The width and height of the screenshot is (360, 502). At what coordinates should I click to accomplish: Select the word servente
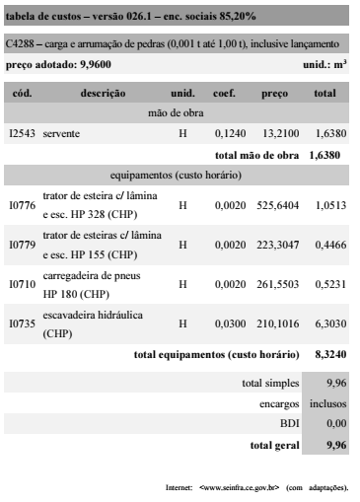pos(62,131)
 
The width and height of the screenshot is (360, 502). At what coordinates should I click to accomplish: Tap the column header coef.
pos(224,92)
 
